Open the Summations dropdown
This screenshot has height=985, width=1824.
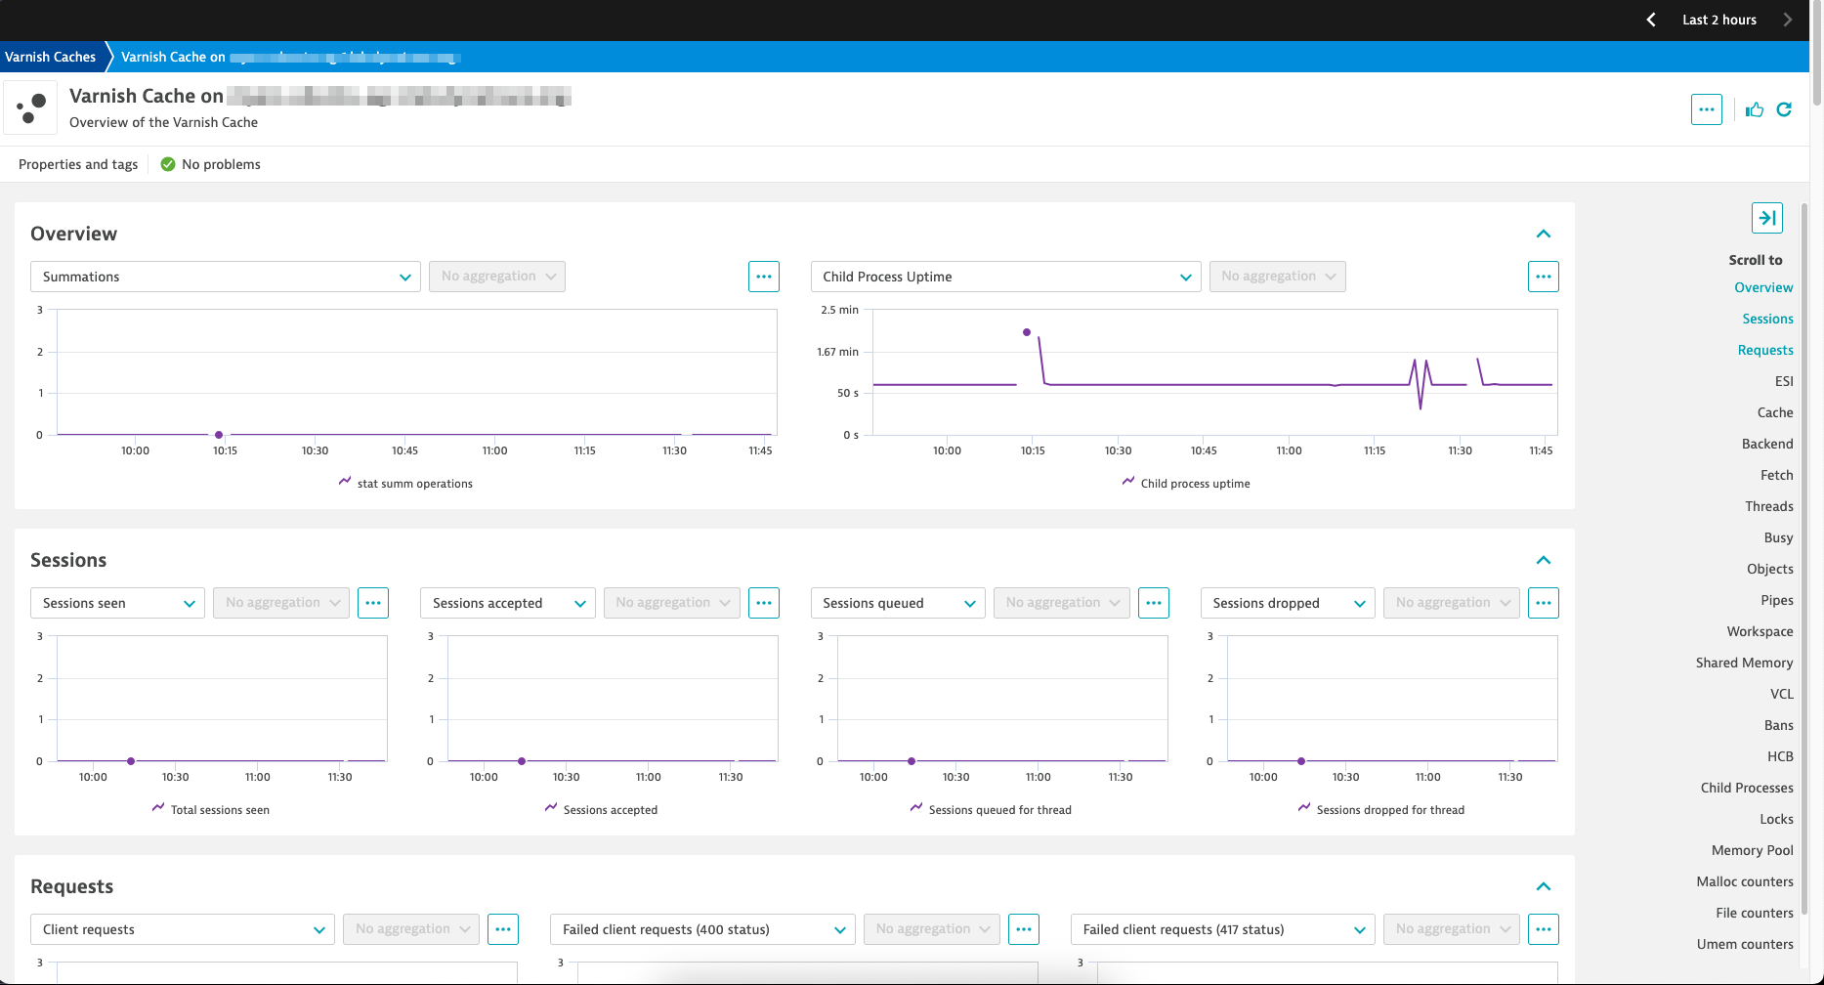[225, 277]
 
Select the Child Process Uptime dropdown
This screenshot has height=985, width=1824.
[1005, 277]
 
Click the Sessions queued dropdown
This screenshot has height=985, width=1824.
[897, 603]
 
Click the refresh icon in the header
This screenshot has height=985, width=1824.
[1784, 109]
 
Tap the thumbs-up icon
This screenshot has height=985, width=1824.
[1755, 109]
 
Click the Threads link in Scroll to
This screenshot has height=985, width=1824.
[1768, 506]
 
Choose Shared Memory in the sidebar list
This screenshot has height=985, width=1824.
[1744, 663]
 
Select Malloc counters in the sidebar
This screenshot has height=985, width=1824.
[1744, 881]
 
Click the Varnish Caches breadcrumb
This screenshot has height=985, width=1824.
[51, 57]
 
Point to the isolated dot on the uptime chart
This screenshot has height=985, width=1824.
[1027, 332]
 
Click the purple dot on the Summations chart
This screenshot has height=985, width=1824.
[219, 435]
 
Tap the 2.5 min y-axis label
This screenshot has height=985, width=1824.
[839, 310]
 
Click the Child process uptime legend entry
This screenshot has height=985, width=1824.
[1194, 484]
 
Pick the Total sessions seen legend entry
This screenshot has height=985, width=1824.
[219, 810]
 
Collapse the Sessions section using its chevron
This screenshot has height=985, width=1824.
[1544, 560]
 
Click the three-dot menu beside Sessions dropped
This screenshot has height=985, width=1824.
[1544, 603]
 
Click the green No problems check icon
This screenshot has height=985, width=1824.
[168, 164]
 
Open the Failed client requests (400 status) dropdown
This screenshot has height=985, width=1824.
[702, 929]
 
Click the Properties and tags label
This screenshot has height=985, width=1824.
[78, 164]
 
